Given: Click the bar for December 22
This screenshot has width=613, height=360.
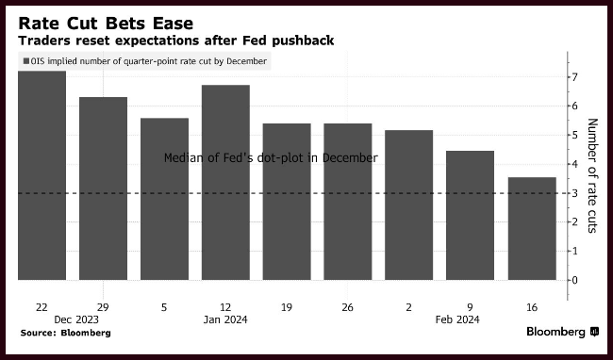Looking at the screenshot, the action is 41,175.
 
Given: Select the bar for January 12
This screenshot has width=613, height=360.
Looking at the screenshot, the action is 225,182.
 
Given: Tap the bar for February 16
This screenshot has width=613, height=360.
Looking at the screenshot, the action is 532,228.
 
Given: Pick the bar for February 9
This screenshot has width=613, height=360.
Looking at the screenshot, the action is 470,215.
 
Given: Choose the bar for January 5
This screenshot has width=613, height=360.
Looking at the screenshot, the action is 165,199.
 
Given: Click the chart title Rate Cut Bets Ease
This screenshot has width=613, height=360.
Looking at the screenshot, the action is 106,24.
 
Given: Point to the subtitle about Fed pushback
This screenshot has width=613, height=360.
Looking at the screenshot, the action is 176,41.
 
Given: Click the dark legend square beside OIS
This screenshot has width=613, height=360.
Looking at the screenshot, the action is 26,61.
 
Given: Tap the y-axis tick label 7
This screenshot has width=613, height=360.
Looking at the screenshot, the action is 574,77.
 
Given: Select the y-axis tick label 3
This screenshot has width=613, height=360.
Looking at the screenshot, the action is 574,193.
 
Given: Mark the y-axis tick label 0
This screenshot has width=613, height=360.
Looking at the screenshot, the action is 574,280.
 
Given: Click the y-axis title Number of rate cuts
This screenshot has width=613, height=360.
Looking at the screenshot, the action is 592,175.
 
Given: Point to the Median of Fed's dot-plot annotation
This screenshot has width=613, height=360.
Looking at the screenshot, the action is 271,157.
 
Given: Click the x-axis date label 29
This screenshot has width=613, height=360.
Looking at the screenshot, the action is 103,307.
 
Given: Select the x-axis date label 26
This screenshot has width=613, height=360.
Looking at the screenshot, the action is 347,307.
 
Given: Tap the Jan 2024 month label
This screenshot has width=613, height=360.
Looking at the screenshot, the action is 225,319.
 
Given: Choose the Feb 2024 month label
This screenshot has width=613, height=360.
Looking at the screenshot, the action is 457,319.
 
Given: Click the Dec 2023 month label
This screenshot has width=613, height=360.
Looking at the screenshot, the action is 76,319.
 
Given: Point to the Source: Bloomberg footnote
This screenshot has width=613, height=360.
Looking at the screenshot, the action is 66,333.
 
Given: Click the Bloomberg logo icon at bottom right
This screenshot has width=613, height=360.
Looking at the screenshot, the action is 595,332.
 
